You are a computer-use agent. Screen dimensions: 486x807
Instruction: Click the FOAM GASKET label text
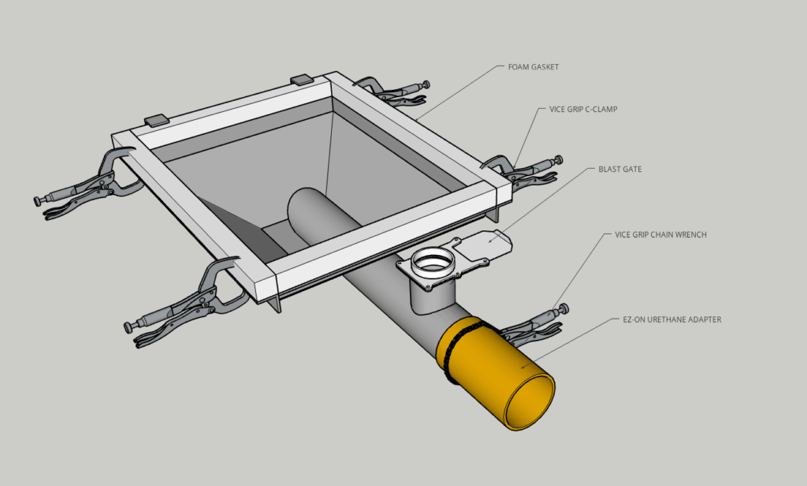[x=534, y=67]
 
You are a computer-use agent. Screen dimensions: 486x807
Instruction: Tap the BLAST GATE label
[x=620, y=169]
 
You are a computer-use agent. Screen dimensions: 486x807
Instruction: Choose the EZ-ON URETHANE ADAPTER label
[x=667, y=320]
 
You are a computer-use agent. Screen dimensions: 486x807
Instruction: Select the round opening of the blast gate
[x=430, y=260]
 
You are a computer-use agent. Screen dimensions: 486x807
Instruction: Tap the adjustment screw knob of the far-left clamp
[x=39, y=201]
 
